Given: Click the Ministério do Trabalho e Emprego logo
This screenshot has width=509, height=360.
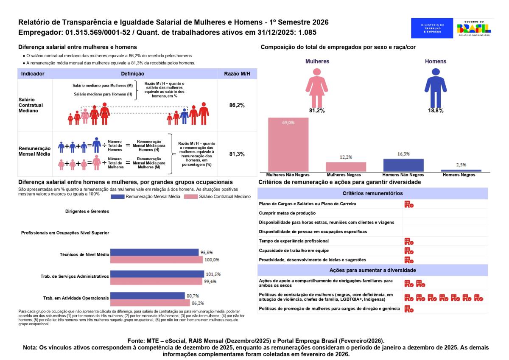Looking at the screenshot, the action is coord(432,28).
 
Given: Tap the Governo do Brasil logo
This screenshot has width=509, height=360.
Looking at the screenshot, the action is coord(474,28).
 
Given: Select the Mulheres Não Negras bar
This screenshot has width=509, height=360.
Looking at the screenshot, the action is coord(288,145).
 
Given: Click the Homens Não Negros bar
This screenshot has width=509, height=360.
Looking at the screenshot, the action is coord(403,165).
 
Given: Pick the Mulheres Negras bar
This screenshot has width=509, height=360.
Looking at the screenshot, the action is coord(346,167).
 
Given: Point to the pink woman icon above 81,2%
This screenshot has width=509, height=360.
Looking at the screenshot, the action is coord(317,88).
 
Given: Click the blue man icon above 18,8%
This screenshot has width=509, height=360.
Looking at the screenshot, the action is coord(436,88).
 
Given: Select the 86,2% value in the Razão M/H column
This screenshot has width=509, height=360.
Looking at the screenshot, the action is coord(237,105).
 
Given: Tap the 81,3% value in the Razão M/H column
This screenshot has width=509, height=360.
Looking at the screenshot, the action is coord(237,154).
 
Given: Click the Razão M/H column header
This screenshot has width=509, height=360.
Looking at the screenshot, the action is coord(237,74).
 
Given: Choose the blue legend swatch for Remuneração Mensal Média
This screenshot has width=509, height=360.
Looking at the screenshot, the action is coord(117,196).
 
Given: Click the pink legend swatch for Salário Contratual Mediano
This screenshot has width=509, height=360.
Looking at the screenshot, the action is coord(191,196).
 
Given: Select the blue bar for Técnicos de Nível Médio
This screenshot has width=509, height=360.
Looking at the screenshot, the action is coord(154,252).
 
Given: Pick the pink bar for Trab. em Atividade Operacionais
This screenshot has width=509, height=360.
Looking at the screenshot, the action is coord(150,303).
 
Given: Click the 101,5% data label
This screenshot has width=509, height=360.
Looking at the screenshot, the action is coord(213,274).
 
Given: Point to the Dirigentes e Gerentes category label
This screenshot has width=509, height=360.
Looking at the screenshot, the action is coord(87,211).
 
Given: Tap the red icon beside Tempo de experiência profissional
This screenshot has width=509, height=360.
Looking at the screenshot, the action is coord(409,241).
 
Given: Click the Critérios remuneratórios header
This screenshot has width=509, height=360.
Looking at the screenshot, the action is coord(373,193).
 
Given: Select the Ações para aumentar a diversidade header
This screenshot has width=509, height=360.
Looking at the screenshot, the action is coord(373,270).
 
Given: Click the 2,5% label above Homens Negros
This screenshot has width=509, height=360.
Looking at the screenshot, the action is coord(461,165).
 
